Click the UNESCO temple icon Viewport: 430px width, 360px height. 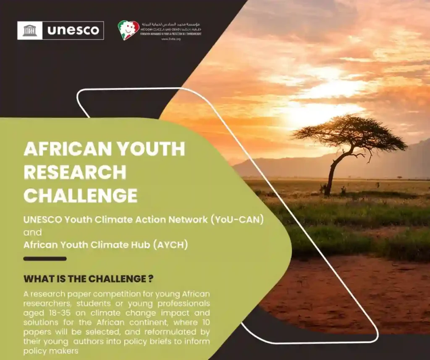coord(30,30)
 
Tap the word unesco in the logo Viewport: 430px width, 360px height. coord(73,30)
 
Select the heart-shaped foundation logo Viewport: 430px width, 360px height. coord(128,30)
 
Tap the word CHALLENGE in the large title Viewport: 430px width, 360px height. coord(80,195)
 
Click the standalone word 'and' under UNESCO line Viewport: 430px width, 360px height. coord(33,232)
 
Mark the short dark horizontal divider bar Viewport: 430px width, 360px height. coord(45,259)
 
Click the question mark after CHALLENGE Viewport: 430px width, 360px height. coord(150,279)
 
